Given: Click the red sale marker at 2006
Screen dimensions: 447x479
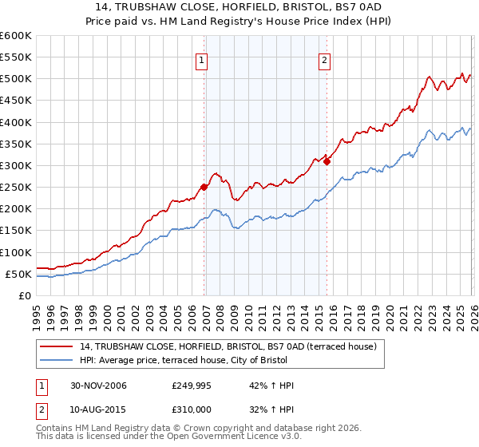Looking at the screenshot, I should pos(204,188).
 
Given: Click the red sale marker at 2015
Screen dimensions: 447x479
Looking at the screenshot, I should pos(327,161).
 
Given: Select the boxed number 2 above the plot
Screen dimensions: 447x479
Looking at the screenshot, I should pos(325,58).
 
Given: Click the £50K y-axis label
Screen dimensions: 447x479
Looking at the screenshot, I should pos(19,274).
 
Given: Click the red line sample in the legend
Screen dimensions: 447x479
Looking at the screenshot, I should pos(57,346).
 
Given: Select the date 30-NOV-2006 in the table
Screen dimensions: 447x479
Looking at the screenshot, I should pos(93,386).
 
